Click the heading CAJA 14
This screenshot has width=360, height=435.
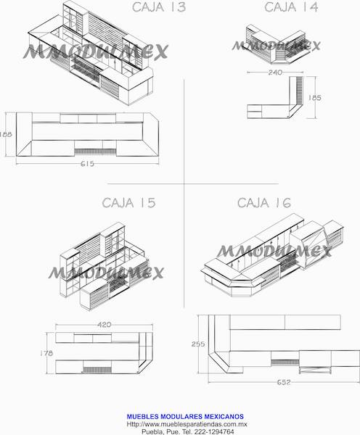coord(291,8)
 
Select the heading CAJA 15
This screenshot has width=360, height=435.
coord(129,203)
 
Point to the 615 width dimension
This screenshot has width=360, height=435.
coord(87,164)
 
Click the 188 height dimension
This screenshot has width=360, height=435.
coord(6,134)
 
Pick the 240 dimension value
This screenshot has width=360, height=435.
coord(274,72)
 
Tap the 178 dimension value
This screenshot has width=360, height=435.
coord(46,353)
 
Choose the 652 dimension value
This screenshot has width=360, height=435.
coord(283,382)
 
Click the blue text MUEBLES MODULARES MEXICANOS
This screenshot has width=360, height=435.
coord(184,416)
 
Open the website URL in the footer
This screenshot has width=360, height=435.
coord(187,423)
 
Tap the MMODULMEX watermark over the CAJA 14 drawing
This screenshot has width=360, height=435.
coord(276,46)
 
